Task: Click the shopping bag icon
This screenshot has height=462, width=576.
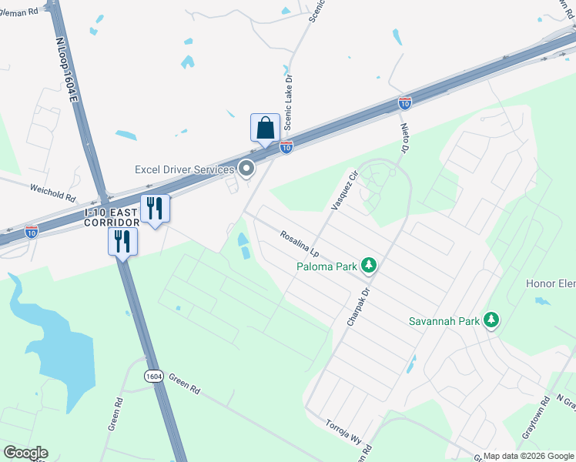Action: [x=265, y=128]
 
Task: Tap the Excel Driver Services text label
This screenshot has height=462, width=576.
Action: [x=184, y=169]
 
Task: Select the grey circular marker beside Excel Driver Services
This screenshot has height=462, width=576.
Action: [x=247, y=168]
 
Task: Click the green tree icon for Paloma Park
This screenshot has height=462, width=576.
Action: [x=370, y=266]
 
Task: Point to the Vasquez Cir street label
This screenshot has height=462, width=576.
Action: [x=344, y=189]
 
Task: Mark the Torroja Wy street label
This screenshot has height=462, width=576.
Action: [x=343, y=433]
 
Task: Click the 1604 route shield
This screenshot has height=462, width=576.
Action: [x=153, y=376]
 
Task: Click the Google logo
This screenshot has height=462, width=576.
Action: [x=25, y=453]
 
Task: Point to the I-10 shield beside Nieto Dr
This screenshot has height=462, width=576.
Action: [x=405, y=103]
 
